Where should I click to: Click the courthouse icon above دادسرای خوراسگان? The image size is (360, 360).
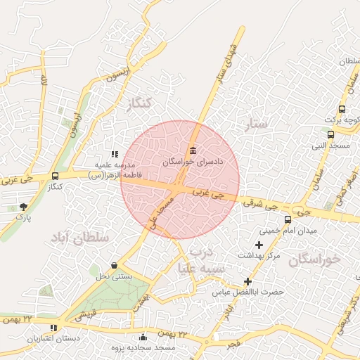click(x=193, y=150)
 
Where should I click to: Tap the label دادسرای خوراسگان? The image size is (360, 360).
click(x=193, y=162)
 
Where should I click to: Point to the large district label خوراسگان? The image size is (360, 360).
click(x=314, y=259)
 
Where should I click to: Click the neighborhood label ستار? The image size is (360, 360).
click(x=257, y=125)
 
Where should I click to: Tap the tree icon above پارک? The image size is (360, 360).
click(x=24, y=207)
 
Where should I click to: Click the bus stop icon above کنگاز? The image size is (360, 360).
click(x=55, y=176)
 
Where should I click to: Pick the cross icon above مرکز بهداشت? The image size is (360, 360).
click(x=259, y=245)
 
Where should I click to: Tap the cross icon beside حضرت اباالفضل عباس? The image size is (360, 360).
click(x=247, y=281)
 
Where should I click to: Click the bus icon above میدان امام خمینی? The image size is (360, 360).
click(x=288, y=219)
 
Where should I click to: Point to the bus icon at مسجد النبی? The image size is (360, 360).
click(x=330, y=135)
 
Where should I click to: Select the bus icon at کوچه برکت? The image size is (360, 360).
click(x=342, y=109)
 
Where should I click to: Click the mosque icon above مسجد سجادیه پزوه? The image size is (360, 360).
click(x=143, y=337)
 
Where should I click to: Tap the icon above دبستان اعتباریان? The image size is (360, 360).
click(x=54, y=328)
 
